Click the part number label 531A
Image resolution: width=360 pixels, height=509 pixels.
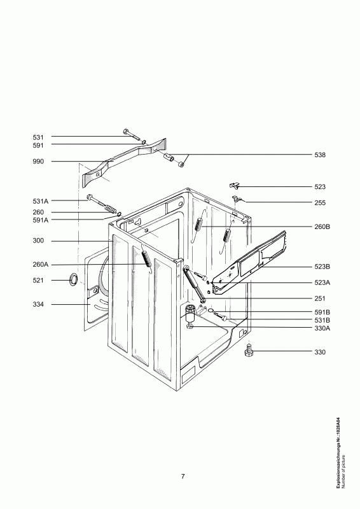pos(40,201)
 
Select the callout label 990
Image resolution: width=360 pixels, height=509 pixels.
pos(38,162)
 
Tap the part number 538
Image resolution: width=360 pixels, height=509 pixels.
pos(320,155)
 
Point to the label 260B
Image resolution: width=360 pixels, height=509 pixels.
pos(322,227)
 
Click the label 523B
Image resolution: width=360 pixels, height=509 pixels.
pos(322,267)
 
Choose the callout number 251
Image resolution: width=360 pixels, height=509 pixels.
pos(320,298)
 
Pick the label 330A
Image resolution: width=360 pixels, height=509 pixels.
pos(322,328)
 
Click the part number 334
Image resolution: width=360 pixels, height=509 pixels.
pos(38,305)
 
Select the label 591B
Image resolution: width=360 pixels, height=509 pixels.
pos(322,312)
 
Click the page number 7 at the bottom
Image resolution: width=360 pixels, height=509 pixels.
pos(183,477)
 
